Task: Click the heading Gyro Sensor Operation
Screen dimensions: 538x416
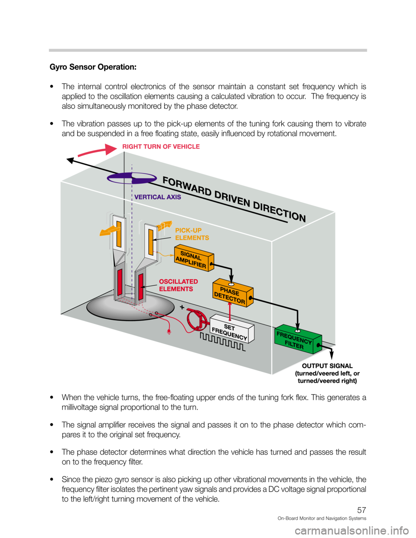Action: pos(93,67)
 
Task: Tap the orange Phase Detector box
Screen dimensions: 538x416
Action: pos(232,294)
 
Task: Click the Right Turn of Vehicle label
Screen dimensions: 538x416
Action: pos(161,147)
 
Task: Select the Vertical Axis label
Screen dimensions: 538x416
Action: pos(158,197)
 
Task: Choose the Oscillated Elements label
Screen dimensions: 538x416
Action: pos(178,285)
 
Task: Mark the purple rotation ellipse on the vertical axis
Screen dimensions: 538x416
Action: pos(131,178)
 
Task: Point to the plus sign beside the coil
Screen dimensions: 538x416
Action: pos(182,307)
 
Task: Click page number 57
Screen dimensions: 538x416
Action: pos(361,511)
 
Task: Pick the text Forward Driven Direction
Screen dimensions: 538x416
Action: pos(234,199)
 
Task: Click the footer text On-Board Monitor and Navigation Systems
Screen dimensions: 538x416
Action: pos(322,519)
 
